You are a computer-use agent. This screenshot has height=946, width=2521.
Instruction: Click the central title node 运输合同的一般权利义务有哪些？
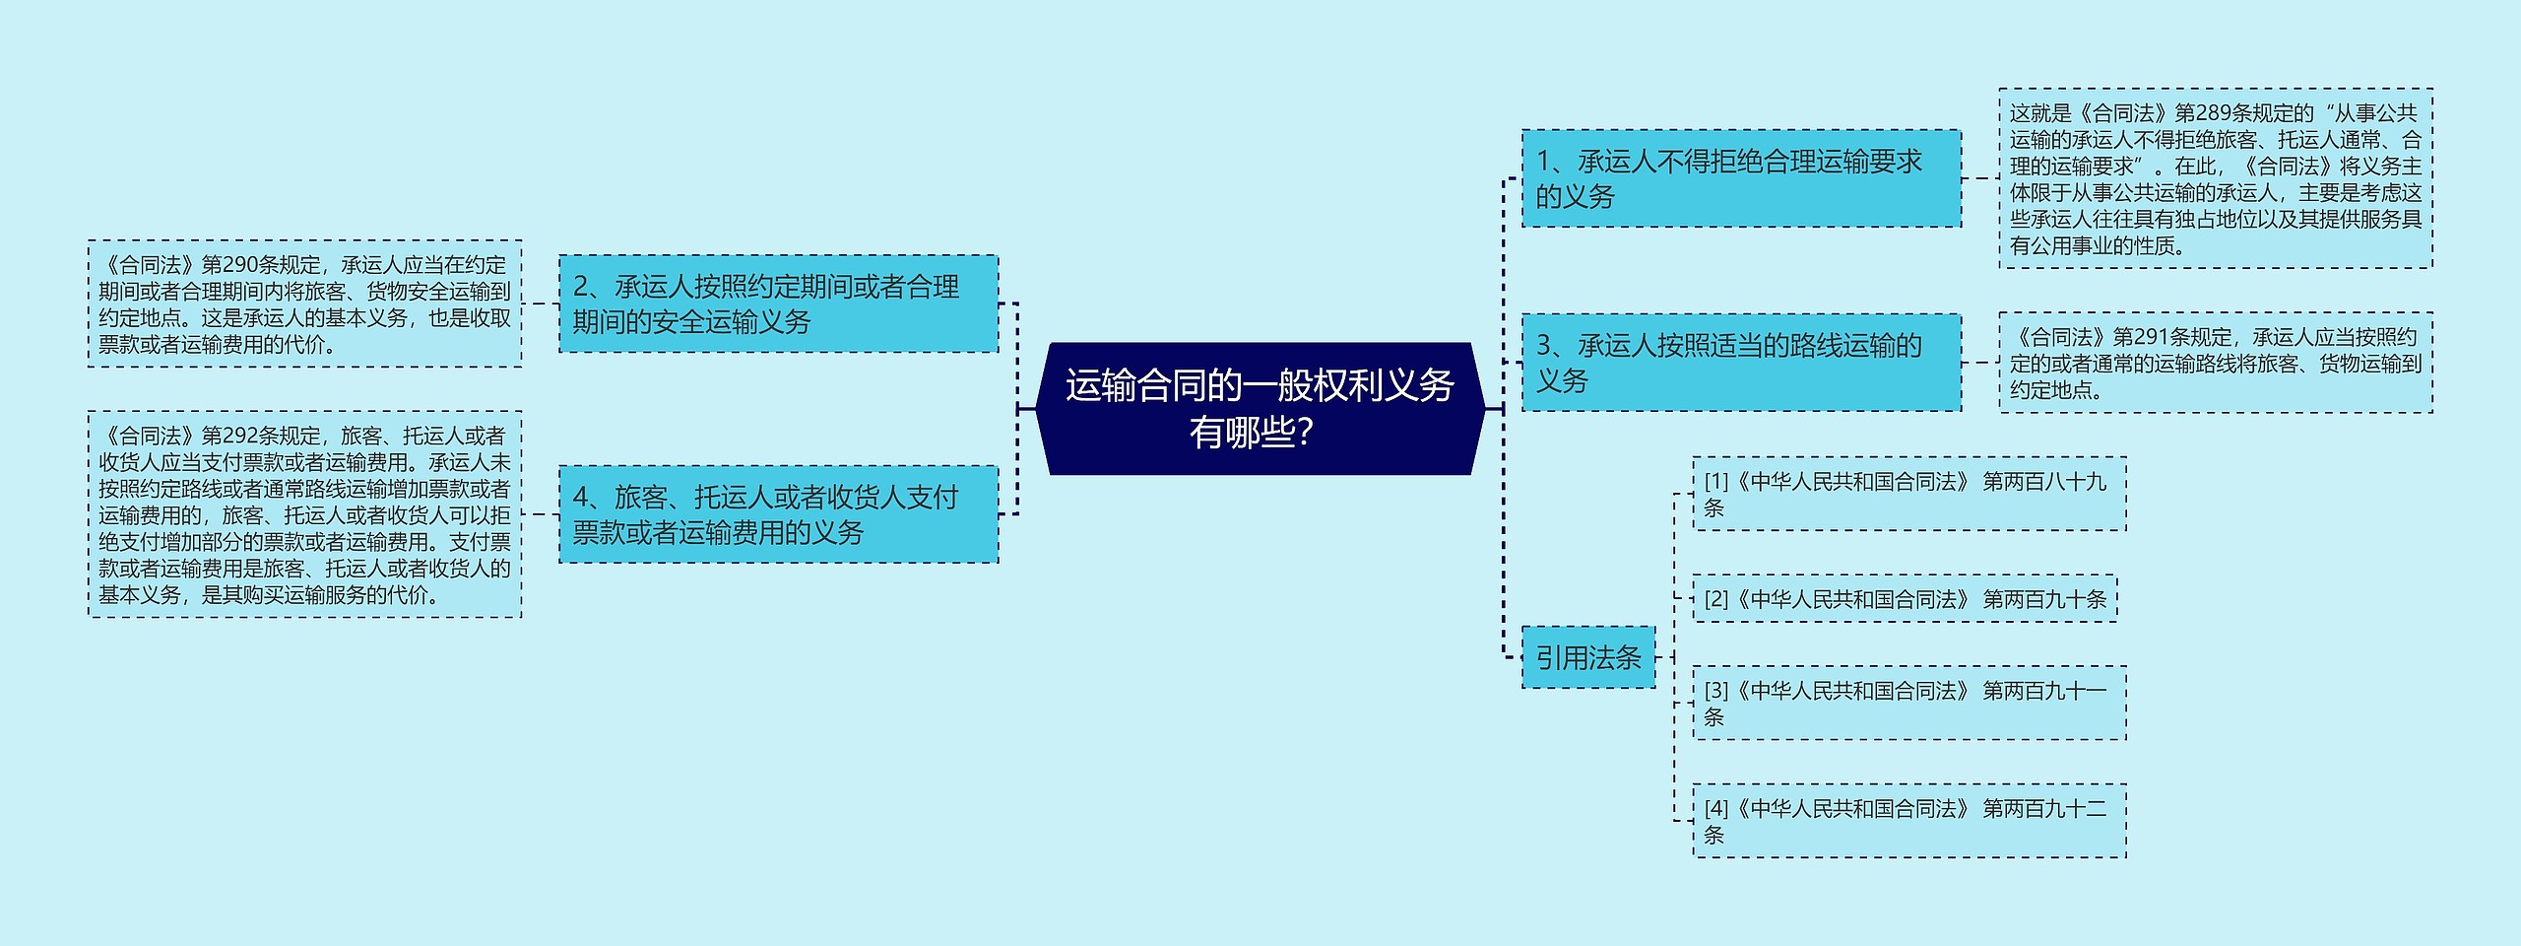[1260, 408]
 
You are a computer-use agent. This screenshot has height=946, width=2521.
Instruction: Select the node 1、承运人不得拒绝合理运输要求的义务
[1740, 178]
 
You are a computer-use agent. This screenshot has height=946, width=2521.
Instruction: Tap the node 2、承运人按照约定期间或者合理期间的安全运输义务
[778, 304]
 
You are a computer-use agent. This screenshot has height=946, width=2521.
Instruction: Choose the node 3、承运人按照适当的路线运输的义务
[1740, 363]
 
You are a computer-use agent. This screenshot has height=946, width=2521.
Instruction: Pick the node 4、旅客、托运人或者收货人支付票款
[778, 514]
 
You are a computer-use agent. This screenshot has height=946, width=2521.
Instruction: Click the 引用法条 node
[1587, 657]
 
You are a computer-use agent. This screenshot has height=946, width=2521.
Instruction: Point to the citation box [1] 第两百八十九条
[1908, 494]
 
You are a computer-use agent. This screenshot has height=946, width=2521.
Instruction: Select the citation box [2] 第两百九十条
[1905, 599]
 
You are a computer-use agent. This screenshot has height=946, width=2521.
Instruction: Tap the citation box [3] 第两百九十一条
[1908, 704]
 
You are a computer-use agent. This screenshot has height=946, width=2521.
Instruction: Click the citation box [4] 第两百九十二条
[1908, 821]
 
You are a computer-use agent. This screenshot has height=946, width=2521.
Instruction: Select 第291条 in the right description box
[2151, 338]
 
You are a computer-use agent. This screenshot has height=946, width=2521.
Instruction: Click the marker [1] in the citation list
[1716, 482]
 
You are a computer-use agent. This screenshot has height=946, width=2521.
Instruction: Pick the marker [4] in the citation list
[1716, 809]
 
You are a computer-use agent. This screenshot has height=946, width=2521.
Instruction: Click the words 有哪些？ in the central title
[1251, 433]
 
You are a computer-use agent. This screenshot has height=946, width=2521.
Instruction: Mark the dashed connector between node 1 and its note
[1979, 178]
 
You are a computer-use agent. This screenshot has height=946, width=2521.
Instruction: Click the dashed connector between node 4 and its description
[540, 514]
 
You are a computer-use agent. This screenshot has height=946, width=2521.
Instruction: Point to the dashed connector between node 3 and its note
[1979, 363]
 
